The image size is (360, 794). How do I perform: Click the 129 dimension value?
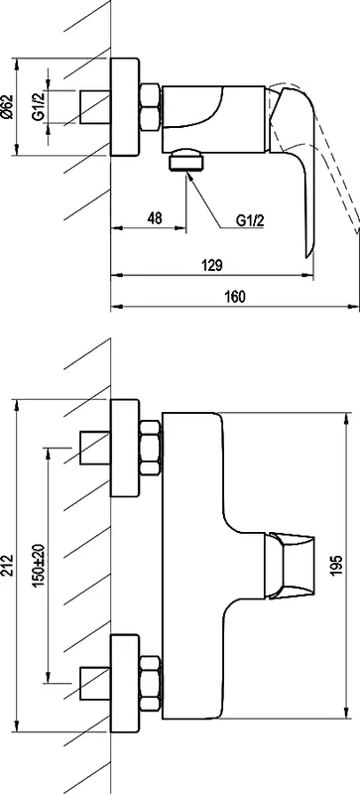pos(210,265)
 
